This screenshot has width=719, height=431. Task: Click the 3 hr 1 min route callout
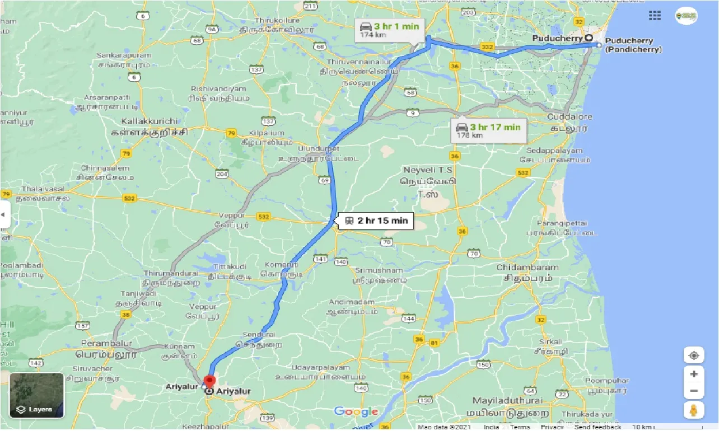(x=390, y=30)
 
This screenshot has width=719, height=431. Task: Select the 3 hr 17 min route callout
(x=489, y=130)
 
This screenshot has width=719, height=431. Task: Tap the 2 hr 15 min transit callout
(x=376, y=221)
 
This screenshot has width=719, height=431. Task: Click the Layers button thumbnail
(x=36, y=395)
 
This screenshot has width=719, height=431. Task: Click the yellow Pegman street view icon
(x=694, y=410)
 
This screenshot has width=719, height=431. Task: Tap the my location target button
(x=694, y=356)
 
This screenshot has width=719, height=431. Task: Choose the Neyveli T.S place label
(x=429, y=169)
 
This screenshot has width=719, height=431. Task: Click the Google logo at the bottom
(x=356, y=412)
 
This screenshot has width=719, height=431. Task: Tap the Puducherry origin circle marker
(x=589, y=38)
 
